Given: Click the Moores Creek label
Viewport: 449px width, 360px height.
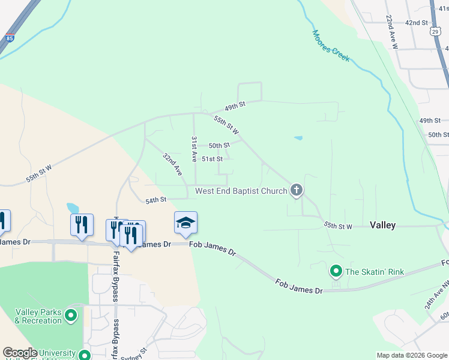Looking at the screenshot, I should [x=331, y=46].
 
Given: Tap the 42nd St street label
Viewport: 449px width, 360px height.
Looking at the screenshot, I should [x=416, y=23].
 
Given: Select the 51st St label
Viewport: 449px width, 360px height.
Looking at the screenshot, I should [x=212, y=159].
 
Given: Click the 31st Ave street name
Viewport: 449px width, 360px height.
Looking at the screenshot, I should [x=194, y=149].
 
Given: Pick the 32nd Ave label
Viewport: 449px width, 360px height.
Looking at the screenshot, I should [x=172, y=163].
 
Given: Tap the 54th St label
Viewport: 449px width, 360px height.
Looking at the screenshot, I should [x=155, y=199].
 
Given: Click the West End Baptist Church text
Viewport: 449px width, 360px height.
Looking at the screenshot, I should [x=241, y=191].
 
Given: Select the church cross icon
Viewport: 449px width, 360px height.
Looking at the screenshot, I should [x=295, y=191].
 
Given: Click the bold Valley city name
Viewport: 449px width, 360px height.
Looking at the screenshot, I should [x=382, y=225].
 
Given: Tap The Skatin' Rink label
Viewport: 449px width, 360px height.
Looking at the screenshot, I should [x=375, y=272].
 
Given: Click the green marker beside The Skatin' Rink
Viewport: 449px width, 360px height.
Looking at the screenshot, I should [x=336, y=272].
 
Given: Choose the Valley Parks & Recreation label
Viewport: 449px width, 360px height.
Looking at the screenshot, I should [x=38, y=316].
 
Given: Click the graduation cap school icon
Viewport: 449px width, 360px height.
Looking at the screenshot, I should [x=185, y=223].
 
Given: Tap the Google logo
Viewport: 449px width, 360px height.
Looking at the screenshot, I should [x=20, y=353].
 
